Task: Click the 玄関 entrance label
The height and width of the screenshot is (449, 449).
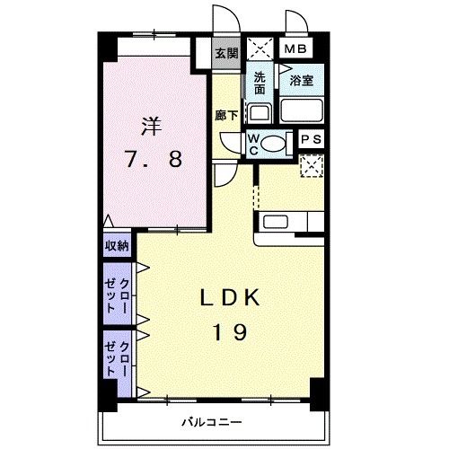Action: click(226, 53)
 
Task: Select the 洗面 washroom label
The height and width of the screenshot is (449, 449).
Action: click(260, 83)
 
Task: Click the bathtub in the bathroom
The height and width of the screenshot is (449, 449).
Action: click(302, 110)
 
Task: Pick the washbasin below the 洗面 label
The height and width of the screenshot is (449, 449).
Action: click(259, 113)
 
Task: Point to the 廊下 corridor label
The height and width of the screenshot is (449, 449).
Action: click(226, 115)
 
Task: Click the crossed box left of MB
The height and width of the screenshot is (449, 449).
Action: click(260, 49)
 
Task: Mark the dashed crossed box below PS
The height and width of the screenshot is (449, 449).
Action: click(312, 164)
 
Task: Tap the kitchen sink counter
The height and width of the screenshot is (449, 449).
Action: click(287, 221)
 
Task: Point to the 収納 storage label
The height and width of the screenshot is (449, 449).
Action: click(116, 245)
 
